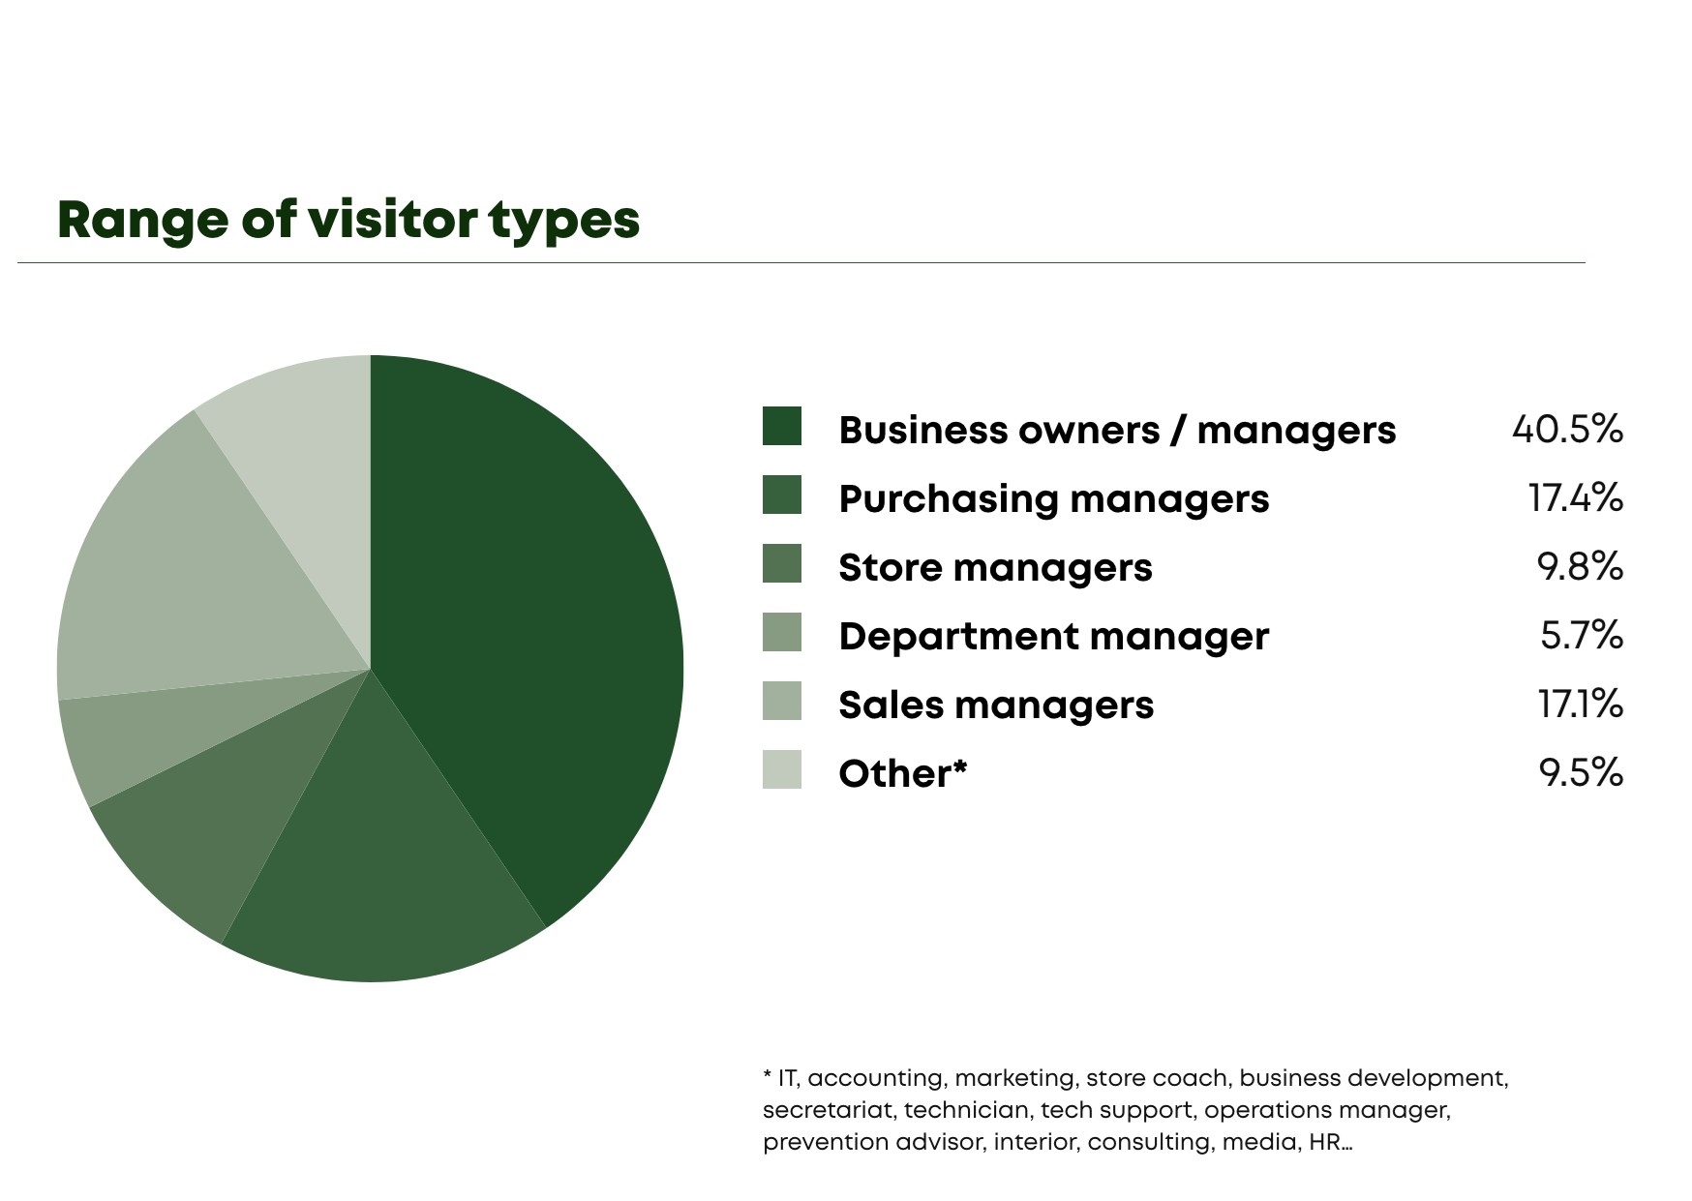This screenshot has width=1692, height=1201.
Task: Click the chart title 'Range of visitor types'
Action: coord(348,221)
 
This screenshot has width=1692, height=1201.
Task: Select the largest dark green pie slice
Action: coord(523,629)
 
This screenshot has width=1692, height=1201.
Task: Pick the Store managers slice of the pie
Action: coord(232,803)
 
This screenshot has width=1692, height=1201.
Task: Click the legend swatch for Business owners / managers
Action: coord(782,427)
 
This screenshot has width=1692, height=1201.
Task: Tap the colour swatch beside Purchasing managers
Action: coord(782,495)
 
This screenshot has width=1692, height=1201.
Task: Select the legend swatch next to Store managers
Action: coord(782,564)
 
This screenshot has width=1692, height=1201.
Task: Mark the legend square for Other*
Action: coord(782,770)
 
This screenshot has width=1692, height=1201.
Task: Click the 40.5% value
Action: coord(1567,429)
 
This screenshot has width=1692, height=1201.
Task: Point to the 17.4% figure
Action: coord(1575,497)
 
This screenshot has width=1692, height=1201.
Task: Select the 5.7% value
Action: coord(1581,635)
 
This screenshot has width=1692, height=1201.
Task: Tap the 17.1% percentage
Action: coord(1580,704)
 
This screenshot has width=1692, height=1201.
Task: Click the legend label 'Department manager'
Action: coord(1053,637)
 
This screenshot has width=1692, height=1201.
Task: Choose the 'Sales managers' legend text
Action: coord(996,706)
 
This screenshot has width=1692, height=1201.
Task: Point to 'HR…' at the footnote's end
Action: coord(1330,1142)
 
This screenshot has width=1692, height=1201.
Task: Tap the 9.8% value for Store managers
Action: coord(1580,566)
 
